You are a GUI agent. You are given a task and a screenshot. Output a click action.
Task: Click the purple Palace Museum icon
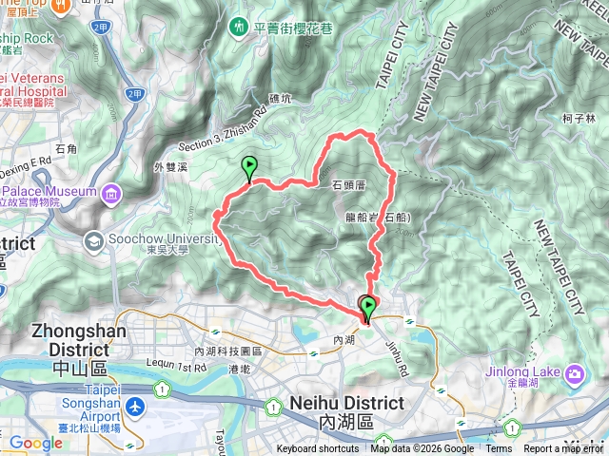[112, 196]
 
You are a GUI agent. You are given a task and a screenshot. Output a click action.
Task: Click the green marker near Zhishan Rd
[248, 167]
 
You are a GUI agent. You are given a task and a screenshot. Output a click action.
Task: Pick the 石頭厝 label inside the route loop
[351, 186]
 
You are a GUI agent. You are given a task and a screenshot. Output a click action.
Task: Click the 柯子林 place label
[579, 119]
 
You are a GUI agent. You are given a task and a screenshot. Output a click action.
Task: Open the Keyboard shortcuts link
[319, 449]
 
